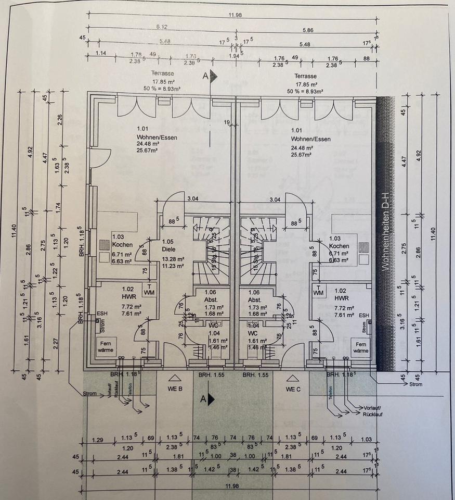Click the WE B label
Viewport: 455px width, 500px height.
(174, 389)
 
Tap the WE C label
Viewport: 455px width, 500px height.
(293, 389)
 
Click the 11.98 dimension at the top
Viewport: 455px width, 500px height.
(235, 16)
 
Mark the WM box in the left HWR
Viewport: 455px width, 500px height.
(149, 290)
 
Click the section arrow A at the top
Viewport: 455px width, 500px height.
(211, 76)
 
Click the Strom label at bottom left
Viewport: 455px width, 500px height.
(89, 394)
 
